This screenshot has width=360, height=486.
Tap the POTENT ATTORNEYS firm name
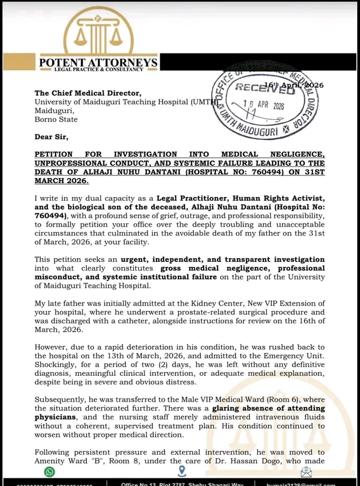point(98,63)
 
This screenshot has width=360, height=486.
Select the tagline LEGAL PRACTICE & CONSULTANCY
point(98,70)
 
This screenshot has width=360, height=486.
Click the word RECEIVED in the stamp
point(265,89)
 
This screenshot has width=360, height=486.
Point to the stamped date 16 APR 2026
point(263,106)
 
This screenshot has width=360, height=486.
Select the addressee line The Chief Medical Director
point(88,93)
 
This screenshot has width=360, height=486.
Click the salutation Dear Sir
point(51,137)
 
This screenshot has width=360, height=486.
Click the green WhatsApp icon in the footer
point(50,472)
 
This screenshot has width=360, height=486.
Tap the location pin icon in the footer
point(181,471)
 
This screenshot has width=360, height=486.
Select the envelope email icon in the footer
point(307,472)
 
